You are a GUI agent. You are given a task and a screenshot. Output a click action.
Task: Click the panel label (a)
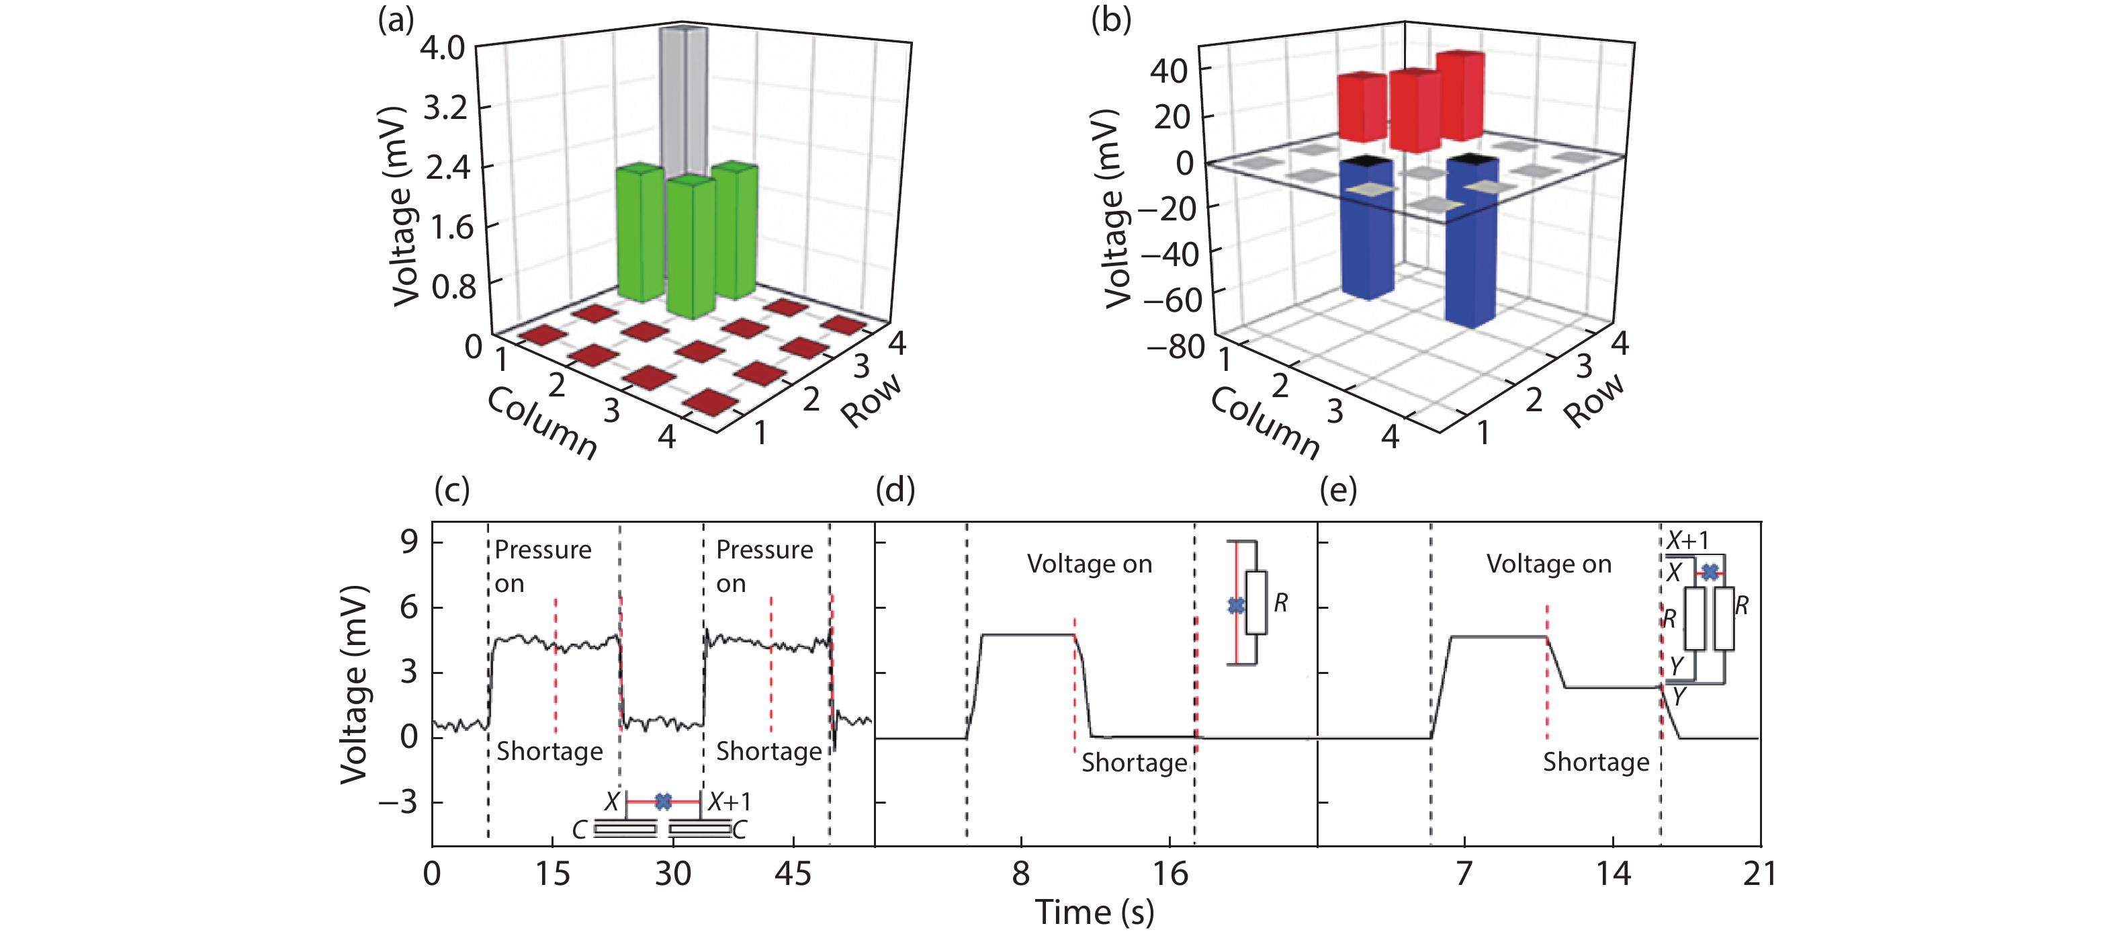(x=395, y=19)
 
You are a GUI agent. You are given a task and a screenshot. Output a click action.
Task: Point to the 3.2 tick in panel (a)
(x=445, y=108)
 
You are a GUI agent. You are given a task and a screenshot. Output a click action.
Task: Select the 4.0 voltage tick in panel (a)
(x=442, y=48)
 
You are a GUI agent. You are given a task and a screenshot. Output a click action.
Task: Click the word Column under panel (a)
(x=542, y=421)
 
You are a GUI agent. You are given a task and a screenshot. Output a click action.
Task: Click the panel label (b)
(x=1110, y=19)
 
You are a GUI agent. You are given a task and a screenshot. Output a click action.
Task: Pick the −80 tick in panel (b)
(x=1176, y=347)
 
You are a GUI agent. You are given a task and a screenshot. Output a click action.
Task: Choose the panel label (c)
(x=452, y=490)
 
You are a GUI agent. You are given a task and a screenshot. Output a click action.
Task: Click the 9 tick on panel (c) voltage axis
(x=409, y=542)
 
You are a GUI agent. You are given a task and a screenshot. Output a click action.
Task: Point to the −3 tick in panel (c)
(x=398, y=802)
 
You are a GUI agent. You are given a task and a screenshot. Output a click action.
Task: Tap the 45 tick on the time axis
(x=793, y=874)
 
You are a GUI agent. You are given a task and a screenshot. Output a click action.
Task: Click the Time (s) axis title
(x=1094, y=912)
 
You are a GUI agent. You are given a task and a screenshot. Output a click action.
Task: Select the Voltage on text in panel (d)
(x=1089, y=564)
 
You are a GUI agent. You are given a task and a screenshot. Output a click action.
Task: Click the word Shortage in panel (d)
(x=1134, y=762)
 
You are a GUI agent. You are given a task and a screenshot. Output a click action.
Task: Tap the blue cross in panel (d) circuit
(x=1235, y=605)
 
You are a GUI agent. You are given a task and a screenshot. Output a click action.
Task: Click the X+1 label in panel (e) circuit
(x=1687, y=540)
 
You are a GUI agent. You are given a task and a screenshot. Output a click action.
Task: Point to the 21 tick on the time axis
(x=1759, y=874)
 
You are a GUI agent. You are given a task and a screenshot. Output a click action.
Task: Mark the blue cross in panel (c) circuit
(x=663, y=801)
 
